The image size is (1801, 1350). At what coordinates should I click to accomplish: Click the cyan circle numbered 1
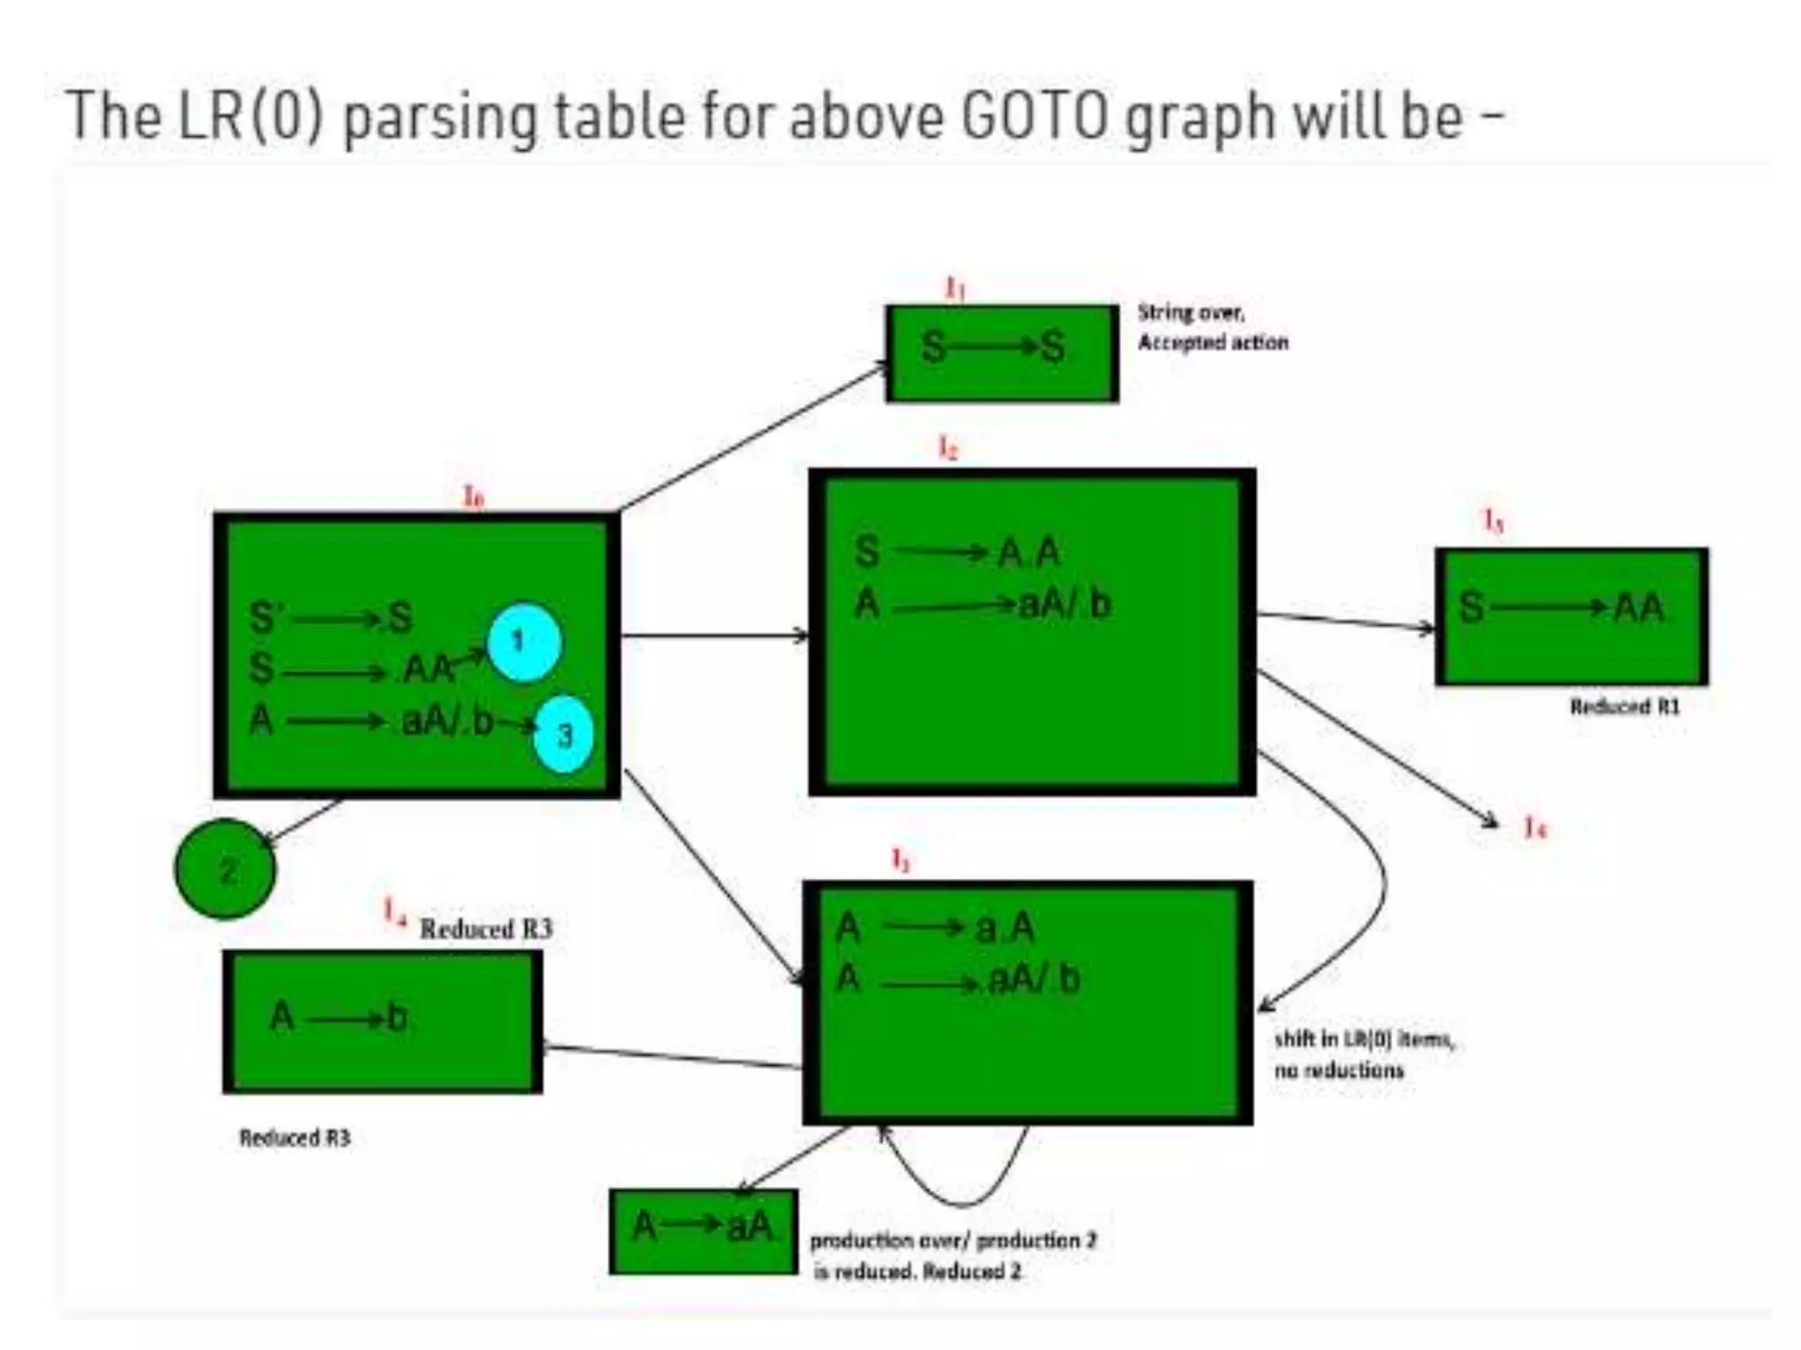tap(524, 642)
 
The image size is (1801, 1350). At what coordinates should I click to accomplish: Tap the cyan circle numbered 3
tap(564, 734)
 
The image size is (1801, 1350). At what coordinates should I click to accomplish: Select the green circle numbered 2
tap(225, 869)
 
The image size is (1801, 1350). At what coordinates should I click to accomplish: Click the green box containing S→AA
tap(1571, 616)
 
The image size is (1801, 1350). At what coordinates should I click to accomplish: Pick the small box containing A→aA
tap(703, 1230)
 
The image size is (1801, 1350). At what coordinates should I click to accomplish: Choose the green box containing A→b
tap(383, 1021)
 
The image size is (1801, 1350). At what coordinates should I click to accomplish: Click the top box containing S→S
tap(1002, 353)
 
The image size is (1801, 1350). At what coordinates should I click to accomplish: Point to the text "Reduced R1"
tap(1624, 707)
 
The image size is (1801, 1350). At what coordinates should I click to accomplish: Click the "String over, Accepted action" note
tap(1212, 327)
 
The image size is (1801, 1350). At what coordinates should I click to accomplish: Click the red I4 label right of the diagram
tap(1535, 827)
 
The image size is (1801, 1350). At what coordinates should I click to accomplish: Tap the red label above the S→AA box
tap(1493, 521)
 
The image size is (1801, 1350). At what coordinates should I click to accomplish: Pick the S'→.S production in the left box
tap(331, 617)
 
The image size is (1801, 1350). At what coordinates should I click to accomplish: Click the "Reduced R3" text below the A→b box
tap(295, 1138)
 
